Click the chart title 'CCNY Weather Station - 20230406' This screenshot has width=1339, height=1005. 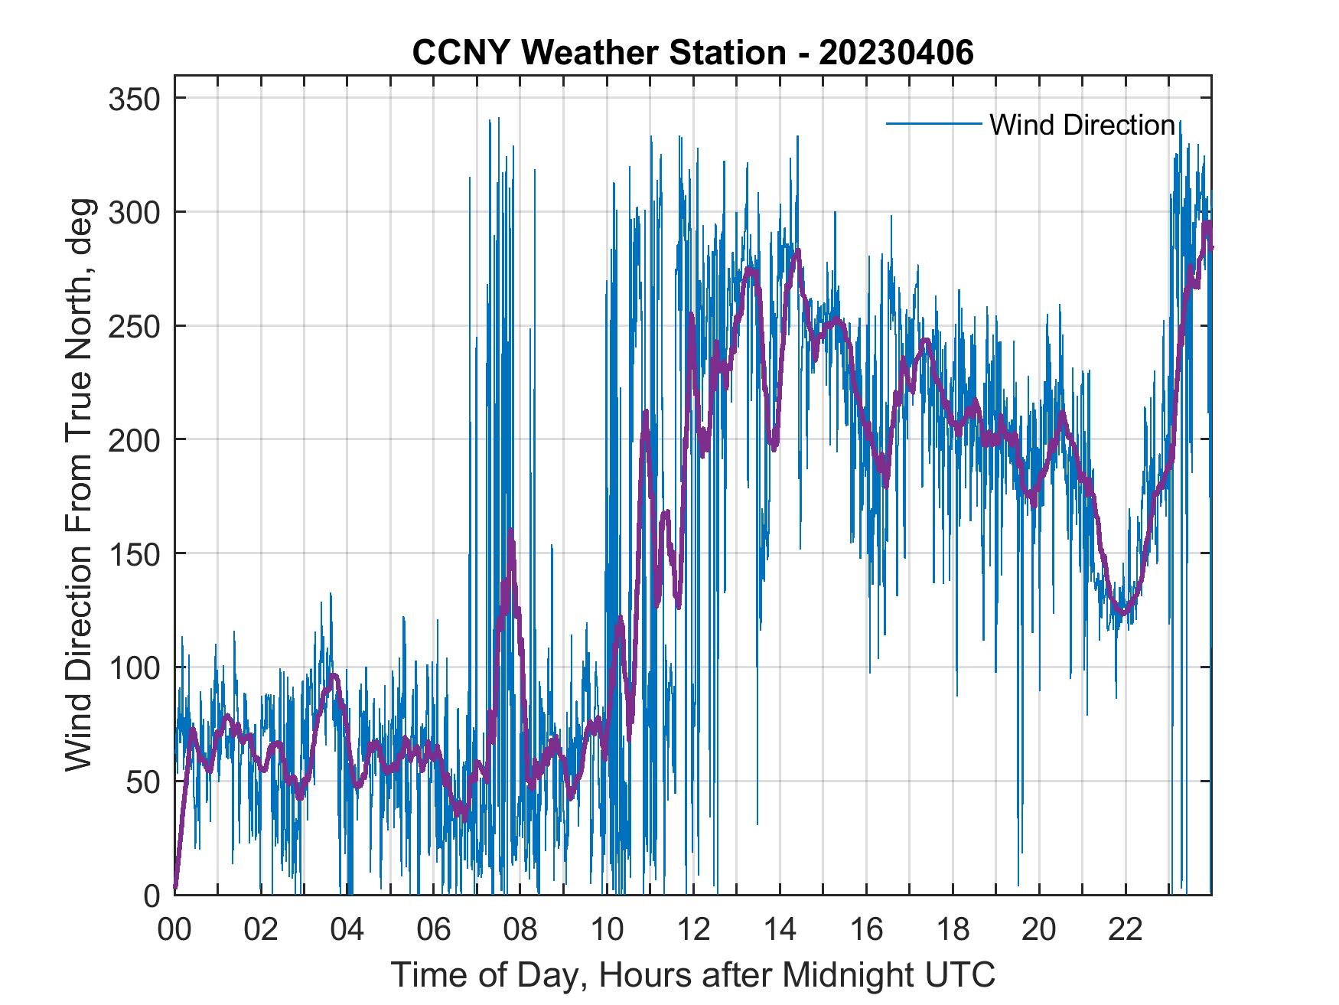click(692, 53)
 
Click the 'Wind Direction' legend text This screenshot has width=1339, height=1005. click(1082, 125)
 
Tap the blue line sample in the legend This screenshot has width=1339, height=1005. click(933, 124)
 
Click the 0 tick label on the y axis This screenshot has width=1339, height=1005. click(152, 895)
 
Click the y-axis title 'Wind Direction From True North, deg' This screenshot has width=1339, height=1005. click(79, 485)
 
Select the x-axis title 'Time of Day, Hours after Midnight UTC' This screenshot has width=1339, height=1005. click(693, 974)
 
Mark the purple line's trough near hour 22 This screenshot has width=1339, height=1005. click(1122, 612)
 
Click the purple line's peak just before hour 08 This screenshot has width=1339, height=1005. click(510, 532)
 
